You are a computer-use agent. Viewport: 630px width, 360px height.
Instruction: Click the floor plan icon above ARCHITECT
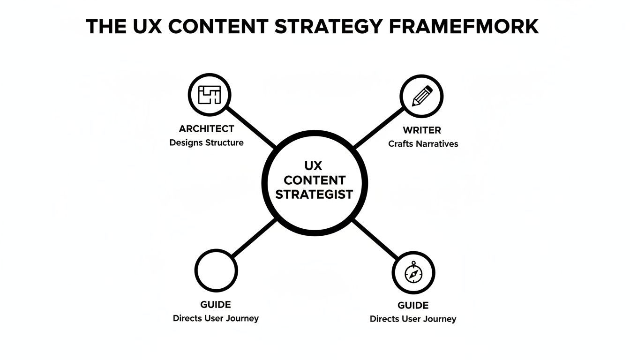click(209, 95)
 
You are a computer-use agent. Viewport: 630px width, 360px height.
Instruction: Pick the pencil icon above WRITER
click(422, 97)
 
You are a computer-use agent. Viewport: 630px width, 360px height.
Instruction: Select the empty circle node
click(216, 270)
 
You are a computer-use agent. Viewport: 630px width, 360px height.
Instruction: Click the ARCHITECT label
click(206, 128)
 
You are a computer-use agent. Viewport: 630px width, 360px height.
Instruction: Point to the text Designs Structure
click(206, 142)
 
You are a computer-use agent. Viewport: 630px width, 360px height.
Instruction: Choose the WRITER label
click(422, 130)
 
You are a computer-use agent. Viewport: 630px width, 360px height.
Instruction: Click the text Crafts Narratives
click(423, 144)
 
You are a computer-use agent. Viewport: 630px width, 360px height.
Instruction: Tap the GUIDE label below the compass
click(413, 306)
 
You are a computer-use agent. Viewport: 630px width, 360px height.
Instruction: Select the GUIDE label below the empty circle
click(216, 305)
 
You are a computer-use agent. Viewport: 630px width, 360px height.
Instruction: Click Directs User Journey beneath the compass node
click(413, 319)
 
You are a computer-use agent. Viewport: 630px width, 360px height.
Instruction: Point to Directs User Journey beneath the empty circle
click(216, 318)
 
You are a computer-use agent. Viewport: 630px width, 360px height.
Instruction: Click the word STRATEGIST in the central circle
click(314, 194)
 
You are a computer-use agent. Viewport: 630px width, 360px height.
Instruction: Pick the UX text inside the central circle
click(314, 165)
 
